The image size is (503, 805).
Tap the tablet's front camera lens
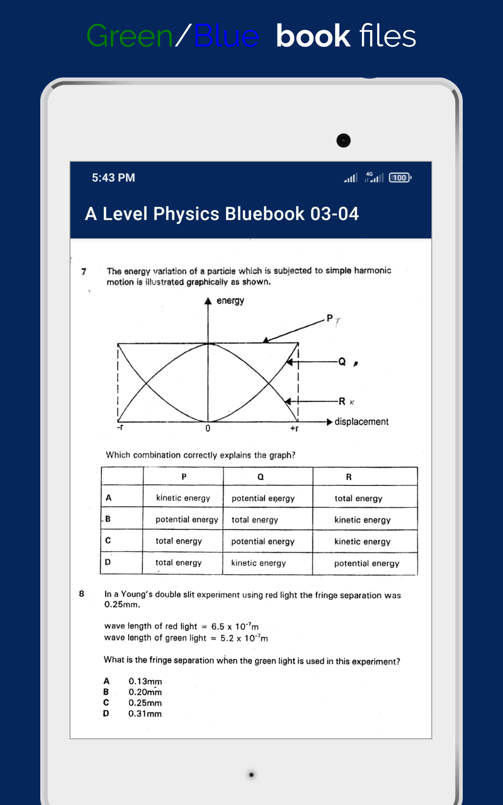(343, 140)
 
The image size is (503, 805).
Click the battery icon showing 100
(400, 178)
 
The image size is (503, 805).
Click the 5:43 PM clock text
(113, 178)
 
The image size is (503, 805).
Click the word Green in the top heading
(130, 36)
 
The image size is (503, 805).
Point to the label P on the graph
(329, 318)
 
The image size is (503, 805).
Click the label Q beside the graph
(342, 361)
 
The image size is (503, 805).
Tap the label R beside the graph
(342, 401)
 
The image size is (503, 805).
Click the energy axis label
(230, 301)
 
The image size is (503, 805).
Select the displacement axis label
(361, 421)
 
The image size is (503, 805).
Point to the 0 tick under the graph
(208, 428)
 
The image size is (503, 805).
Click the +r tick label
(294, 428)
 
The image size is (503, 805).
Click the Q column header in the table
(261, 477)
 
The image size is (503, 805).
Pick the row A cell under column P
(183, 498)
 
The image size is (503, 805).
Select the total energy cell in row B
(255, 520)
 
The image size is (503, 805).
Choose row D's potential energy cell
(366, 563)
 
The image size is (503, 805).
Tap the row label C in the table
(108, 540)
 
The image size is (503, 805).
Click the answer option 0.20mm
(145, 692)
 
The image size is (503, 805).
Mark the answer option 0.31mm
(145, 714)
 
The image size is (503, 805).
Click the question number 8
(81, 594)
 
